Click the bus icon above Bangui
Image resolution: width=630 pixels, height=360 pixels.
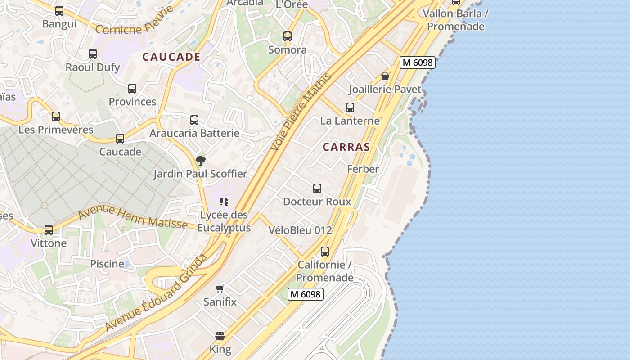[59, 11]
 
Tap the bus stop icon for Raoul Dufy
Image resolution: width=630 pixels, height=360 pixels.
[93, 54]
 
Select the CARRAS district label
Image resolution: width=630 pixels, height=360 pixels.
[346, 147]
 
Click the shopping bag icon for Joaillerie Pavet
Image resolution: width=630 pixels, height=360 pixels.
[385, 76]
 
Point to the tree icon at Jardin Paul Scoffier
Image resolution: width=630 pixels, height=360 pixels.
[201, 160]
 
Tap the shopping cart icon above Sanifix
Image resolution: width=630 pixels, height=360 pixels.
[220, 288]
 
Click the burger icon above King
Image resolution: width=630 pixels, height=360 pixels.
[220, 336]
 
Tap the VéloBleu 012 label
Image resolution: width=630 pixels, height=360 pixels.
[300, 230]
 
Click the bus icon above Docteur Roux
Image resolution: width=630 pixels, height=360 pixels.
[317, 189]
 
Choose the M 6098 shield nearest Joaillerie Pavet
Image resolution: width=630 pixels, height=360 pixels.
[418, 63]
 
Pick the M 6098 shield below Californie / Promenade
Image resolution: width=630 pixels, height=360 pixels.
[306, 294]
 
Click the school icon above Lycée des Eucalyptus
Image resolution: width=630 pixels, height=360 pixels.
[224, 201]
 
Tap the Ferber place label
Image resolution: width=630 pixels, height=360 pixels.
[363, 169]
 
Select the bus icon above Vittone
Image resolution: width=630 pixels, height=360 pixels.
[49, 230]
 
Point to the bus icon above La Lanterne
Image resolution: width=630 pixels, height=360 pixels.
[350, 108]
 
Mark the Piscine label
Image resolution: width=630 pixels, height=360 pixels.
[107, 264]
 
